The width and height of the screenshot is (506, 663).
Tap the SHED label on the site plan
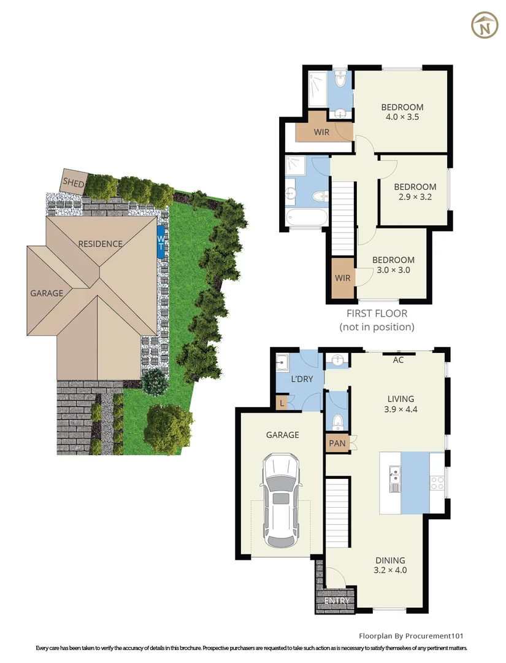tap(73, 183)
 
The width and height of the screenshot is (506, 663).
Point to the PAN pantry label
tap(336, 443)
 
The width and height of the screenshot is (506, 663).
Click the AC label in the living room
tap(398, 360)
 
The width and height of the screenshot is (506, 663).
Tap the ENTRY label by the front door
tap(336, 600)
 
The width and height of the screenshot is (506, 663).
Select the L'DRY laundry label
tap(302, 379)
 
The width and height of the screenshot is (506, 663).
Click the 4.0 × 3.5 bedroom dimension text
tap(402, 117)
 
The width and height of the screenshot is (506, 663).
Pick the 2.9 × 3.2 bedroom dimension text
tap(415, 197)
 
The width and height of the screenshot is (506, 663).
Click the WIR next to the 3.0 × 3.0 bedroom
tap(343, 278)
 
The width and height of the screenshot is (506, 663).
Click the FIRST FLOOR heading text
tap(377, 314)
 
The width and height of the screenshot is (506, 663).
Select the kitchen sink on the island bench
tap(395, 476)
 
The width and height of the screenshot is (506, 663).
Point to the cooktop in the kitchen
tap(437, 483)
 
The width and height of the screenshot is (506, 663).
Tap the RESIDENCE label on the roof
tap(100, 244)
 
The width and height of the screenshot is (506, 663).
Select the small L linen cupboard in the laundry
tap(282, 403)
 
